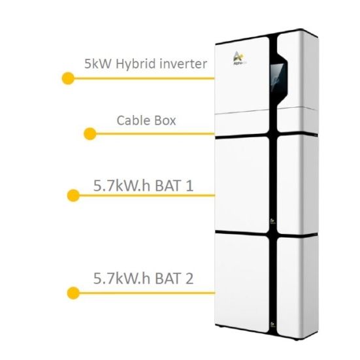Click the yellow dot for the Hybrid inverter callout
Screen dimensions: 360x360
tap(68, 78)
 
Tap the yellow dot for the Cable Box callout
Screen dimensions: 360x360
tap(90, 134)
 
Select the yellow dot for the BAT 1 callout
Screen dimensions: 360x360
tap(73, 195)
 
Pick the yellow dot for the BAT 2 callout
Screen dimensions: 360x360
tap(73, 293)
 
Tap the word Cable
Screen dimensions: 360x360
tap(133, 120)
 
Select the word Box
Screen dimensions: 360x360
tap(165, 120)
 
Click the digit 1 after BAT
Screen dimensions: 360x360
tap(189, 186)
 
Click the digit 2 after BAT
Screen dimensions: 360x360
tap(189, 278)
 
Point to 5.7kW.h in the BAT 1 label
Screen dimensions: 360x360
tap(122, 186)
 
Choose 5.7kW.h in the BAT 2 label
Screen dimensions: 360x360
tap(122, 278)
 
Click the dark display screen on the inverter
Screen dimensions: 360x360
tap(277, 77)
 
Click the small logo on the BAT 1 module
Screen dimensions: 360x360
tap(272, 221)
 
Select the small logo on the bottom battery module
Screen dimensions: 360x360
tap(272, 325)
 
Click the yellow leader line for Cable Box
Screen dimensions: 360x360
tap(155, 134)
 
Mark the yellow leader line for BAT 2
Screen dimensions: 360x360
tap(147, 293)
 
